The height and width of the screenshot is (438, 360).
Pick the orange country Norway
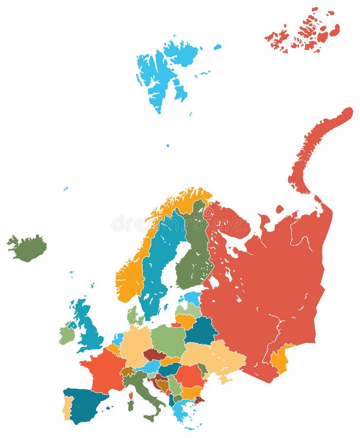click(129, 280)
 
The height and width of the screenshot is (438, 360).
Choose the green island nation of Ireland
click(67, 335)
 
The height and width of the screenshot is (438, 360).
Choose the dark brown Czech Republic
click(155, 354)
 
